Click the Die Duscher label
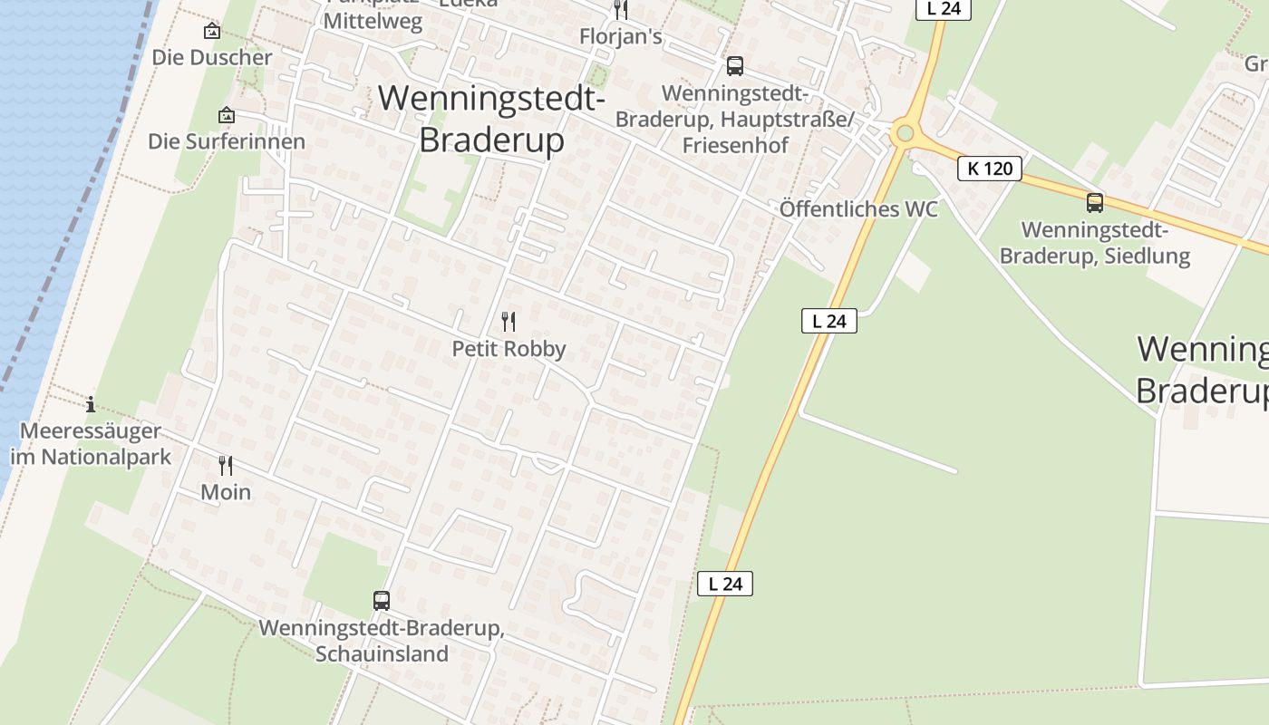click(212, 58)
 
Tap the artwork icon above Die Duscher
click(212, 32)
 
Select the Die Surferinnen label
click(227, 142)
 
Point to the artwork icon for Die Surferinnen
click(227, 116)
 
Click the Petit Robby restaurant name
click(509, 349)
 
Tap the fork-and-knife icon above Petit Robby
click(509, 322)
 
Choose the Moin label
click(226, 492)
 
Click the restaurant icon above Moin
click(226, 466)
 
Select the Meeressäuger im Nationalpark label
click(91, 444)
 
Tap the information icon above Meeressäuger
click(91, 405)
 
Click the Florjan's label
click(621, 38)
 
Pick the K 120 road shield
click(990, 168)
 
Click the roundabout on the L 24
click(904, 134)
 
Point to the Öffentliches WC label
click(858, 209)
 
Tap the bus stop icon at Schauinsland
click(382, 600)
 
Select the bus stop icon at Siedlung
click(1095, 203)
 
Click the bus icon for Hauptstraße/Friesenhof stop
click(735, 66)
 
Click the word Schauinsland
click(382, 653)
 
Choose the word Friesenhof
click(735, 145)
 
